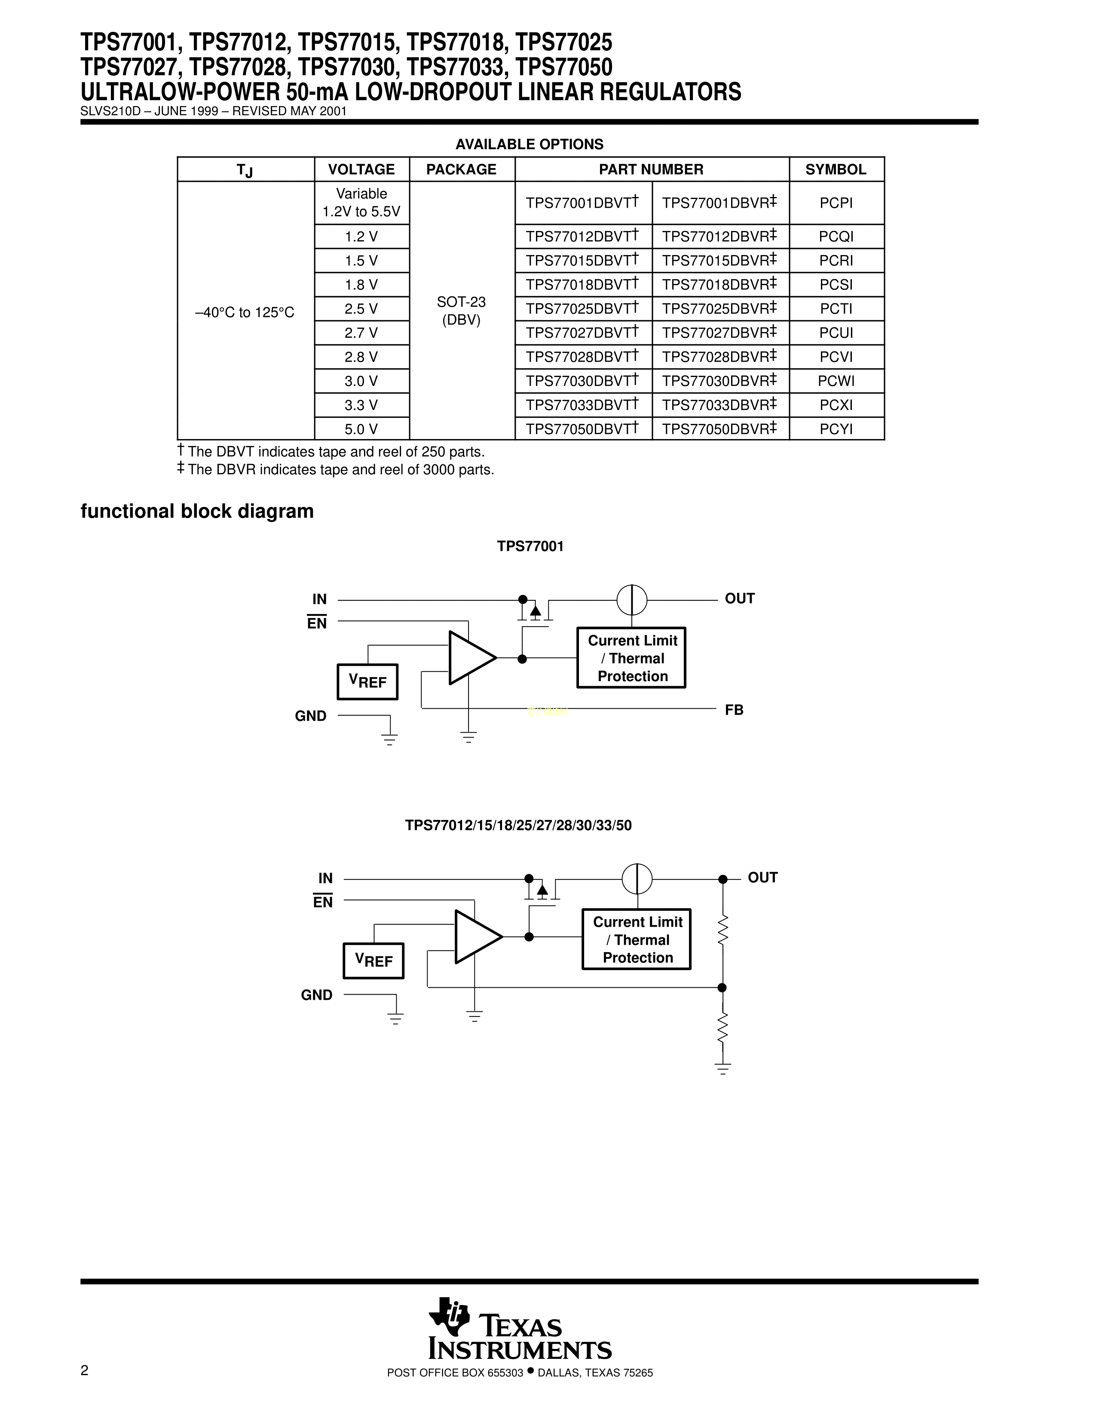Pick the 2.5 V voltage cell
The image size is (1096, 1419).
361,309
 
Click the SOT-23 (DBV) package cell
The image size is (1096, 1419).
461,310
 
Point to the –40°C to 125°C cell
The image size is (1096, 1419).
245,313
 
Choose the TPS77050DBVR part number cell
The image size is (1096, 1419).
719,429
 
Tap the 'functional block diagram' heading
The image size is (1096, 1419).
197,511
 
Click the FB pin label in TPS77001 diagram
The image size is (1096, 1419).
734,710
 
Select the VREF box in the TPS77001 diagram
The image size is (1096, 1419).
367,682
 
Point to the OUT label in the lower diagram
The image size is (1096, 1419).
762,878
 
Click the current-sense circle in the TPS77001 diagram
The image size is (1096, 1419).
631,600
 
